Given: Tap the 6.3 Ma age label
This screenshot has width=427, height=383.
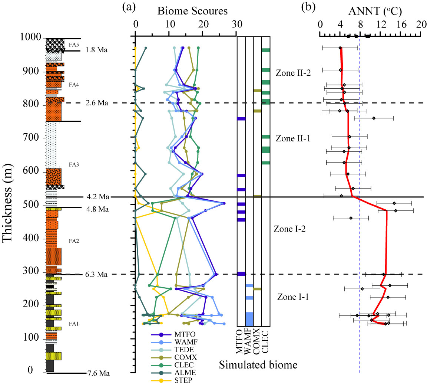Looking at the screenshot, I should (x=97, y=275).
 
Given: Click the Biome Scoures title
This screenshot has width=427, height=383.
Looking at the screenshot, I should (x=192, y=11).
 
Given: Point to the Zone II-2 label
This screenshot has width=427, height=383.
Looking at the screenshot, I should (x=292, y=73).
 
